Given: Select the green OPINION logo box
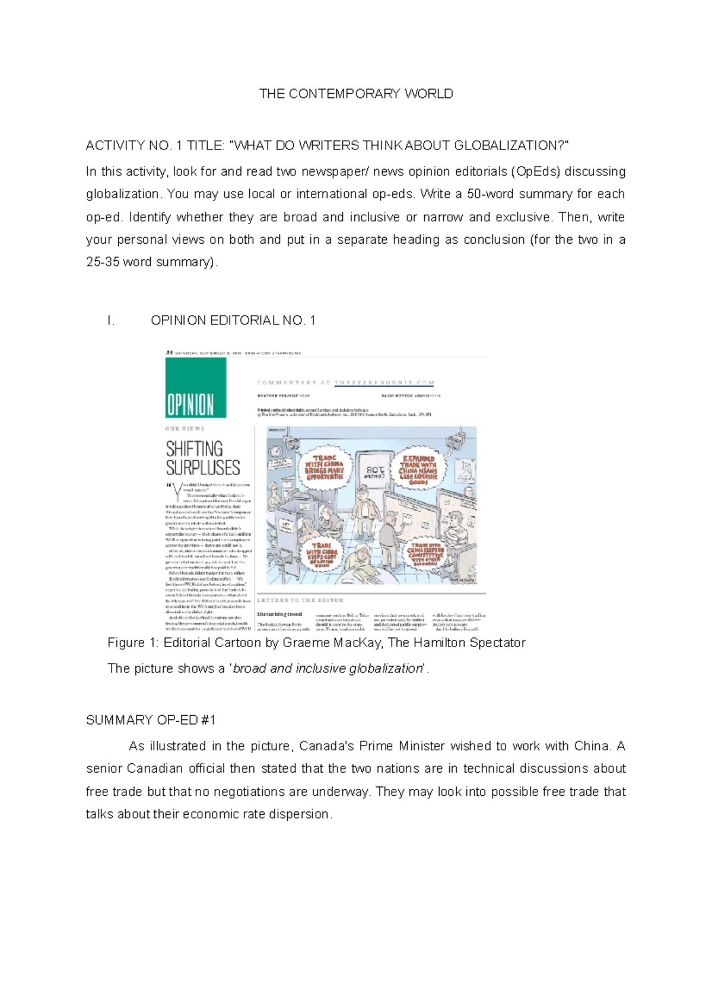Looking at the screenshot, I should tap(195, 387).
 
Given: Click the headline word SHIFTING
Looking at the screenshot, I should tap(194, 449).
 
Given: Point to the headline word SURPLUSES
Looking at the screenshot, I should tap(203, 468).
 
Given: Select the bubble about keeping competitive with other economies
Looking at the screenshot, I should tap(425, 555).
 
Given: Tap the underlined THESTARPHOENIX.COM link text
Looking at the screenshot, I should tap(384, 383).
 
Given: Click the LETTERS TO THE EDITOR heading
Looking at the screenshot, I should tap(300, 600).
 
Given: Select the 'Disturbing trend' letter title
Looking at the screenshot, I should tap(279, 614).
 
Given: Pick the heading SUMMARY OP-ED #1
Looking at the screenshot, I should tap(151, 720).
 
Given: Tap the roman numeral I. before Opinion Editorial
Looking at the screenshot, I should tap(110, 321).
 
